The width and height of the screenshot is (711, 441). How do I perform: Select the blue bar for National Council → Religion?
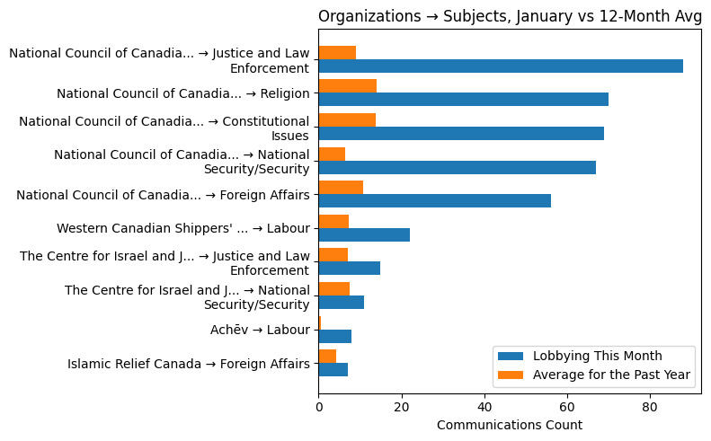(463, 99)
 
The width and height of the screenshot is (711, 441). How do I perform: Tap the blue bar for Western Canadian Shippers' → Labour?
(364, 234)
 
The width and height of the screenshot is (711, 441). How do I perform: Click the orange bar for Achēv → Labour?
(320, 322)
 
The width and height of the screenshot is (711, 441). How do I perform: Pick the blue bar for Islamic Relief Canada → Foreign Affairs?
(333, 369)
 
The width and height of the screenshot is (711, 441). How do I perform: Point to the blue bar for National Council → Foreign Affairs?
(434, 200)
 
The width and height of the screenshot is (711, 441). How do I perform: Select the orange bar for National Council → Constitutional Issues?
(347, 119)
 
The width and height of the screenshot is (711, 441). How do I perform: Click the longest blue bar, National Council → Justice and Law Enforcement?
(501, 66)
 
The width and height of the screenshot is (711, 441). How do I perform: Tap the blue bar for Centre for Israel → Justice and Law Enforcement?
(349, 268)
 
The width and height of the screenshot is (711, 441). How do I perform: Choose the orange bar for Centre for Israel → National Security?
(333, 288)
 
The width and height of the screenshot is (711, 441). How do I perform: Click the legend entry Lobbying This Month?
(598, 356)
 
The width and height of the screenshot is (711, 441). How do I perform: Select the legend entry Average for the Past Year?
(611, 375)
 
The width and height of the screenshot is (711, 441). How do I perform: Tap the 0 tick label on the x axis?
(318, 406)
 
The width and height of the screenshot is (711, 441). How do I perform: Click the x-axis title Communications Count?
(509, 425)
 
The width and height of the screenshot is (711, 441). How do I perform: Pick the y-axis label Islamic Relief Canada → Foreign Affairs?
(189, 364)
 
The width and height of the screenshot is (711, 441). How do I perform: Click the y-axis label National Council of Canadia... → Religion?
(183, 93)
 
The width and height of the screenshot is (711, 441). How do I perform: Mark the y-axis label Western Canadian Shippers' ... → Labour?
(183, 228)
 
